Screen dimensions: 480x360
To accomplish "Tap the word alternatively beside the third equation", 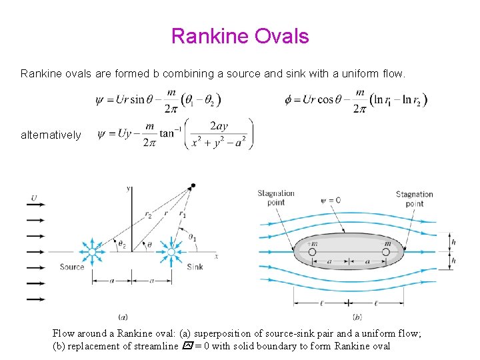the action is click(52, 135).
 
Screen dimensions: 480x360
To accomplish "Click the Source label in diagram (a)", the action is click(72, 267).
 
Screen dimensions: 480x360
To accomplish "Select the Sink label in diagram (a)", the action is click(195, 267).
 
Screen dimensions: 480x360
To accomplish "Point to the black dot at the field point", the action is click(193, 185).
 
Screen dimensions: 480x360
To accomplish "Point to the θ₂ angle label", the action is click(122, 245).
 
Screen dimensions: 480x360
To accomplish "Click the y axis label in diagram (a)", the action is click(128, 189).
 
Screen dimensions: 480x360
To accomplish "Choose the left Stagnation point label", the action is click(276, 198).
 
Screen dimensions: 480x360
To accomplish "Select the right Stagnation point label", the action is click(414, 199).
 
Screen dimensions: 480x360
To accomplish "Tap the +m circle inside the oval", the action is click(311, 252).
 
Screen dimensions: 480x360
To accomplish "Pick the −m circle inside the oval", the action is click(386, 252).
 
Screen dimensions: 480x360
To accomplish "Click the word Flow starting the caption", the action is click(64, 333).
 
